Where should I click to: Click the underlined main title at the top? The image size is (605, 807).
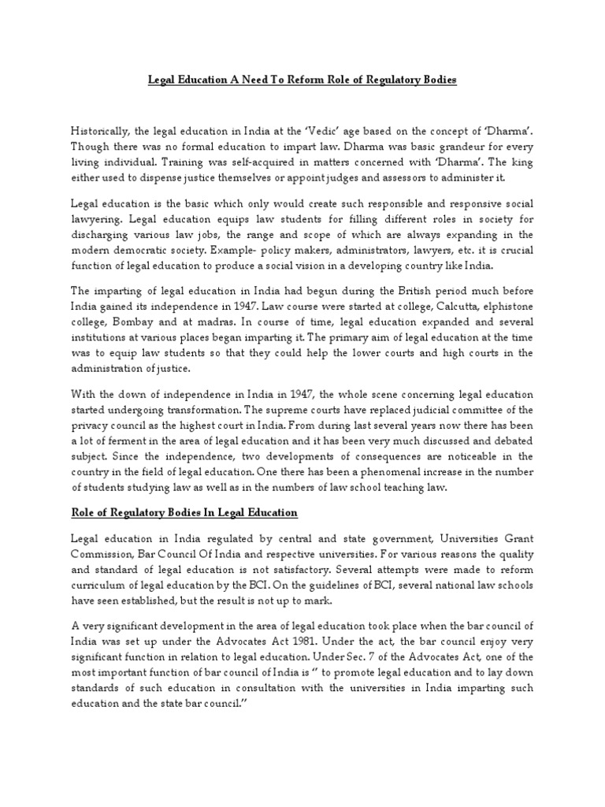(302, 80)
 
